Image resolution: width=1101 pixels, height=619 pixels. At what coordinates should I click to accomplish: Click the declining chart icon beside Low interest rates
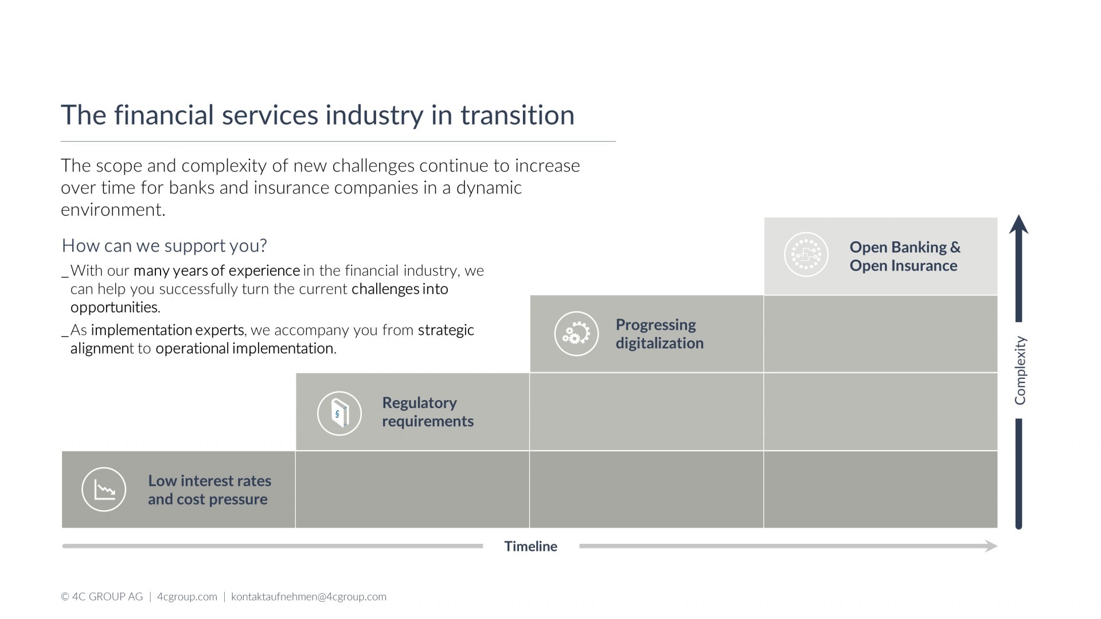(104, 489)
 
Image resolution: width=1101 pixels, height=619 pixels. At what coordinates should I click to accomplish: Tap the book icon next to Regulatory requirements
(339, 413)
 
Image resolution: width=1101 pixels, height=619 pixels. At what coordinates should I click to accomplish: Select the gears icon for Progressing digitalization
(576, 334)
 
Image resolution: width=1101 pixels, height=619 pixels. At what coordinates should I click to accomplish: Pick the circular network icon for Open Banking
(806, 254)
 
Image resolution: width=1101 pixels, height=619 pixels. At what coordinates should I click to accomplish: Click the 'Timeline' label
(530, 546)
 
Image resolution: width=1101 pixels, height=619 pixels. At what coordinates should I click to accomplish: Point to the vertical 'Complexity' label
(1020, 370)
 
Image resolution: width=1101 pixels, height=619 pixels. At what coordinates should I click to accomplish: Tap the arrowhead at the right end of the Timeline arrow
(991, 546)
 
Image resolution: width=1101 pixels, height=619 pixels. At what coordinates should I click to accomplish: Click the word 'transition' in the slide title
(517, 115)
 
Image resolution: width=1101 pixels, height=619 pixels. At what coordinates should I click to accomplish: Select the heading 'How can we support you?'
(164, 246)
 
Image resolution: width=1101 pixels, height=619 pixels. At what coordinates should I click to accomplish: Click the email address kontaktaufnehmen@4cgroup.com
(309, 597)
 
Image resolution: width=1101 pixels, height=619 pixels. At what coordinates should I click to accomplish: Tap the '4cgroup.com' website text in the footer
(187, 597)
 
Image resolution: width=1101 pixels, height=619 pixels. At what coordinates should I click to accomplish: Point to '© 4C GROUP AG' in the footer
(101, 597)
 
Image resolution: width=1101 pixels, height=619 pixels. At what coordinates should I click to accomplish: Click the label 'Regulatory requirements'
(428, 412)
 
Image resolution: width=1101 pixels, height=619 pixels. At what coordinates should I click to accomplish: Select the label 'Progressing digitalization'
(659, 334)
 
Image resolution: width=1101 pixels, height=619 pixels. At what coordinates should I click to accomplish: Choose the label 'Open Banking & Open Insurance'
(905, 256)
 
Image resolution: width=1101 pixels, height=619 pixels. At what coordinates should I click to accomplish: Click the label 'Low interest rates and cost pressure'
(209, 490)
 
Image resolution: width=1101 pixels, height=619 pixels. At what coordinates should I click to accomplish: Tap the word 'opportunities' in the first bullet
(114, 307)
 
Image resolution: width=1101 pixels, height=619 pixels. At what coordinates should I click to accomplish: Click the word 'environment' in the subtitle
(112, 210)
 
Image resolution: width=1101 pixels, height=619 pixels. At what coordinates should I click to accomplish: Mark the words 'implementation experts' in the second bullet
(167, 331)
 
